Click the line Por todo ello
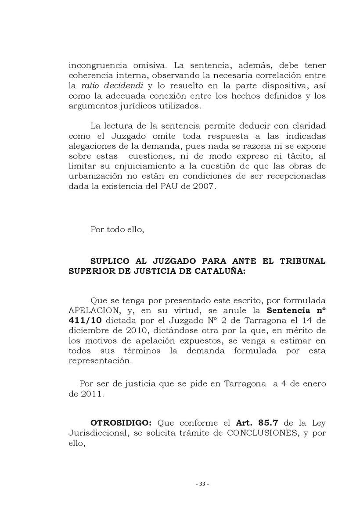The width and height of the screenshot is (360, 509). click(x=117, y=229)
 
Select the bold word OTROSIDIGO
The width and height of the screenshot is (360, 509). click(x=121, y=423)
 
